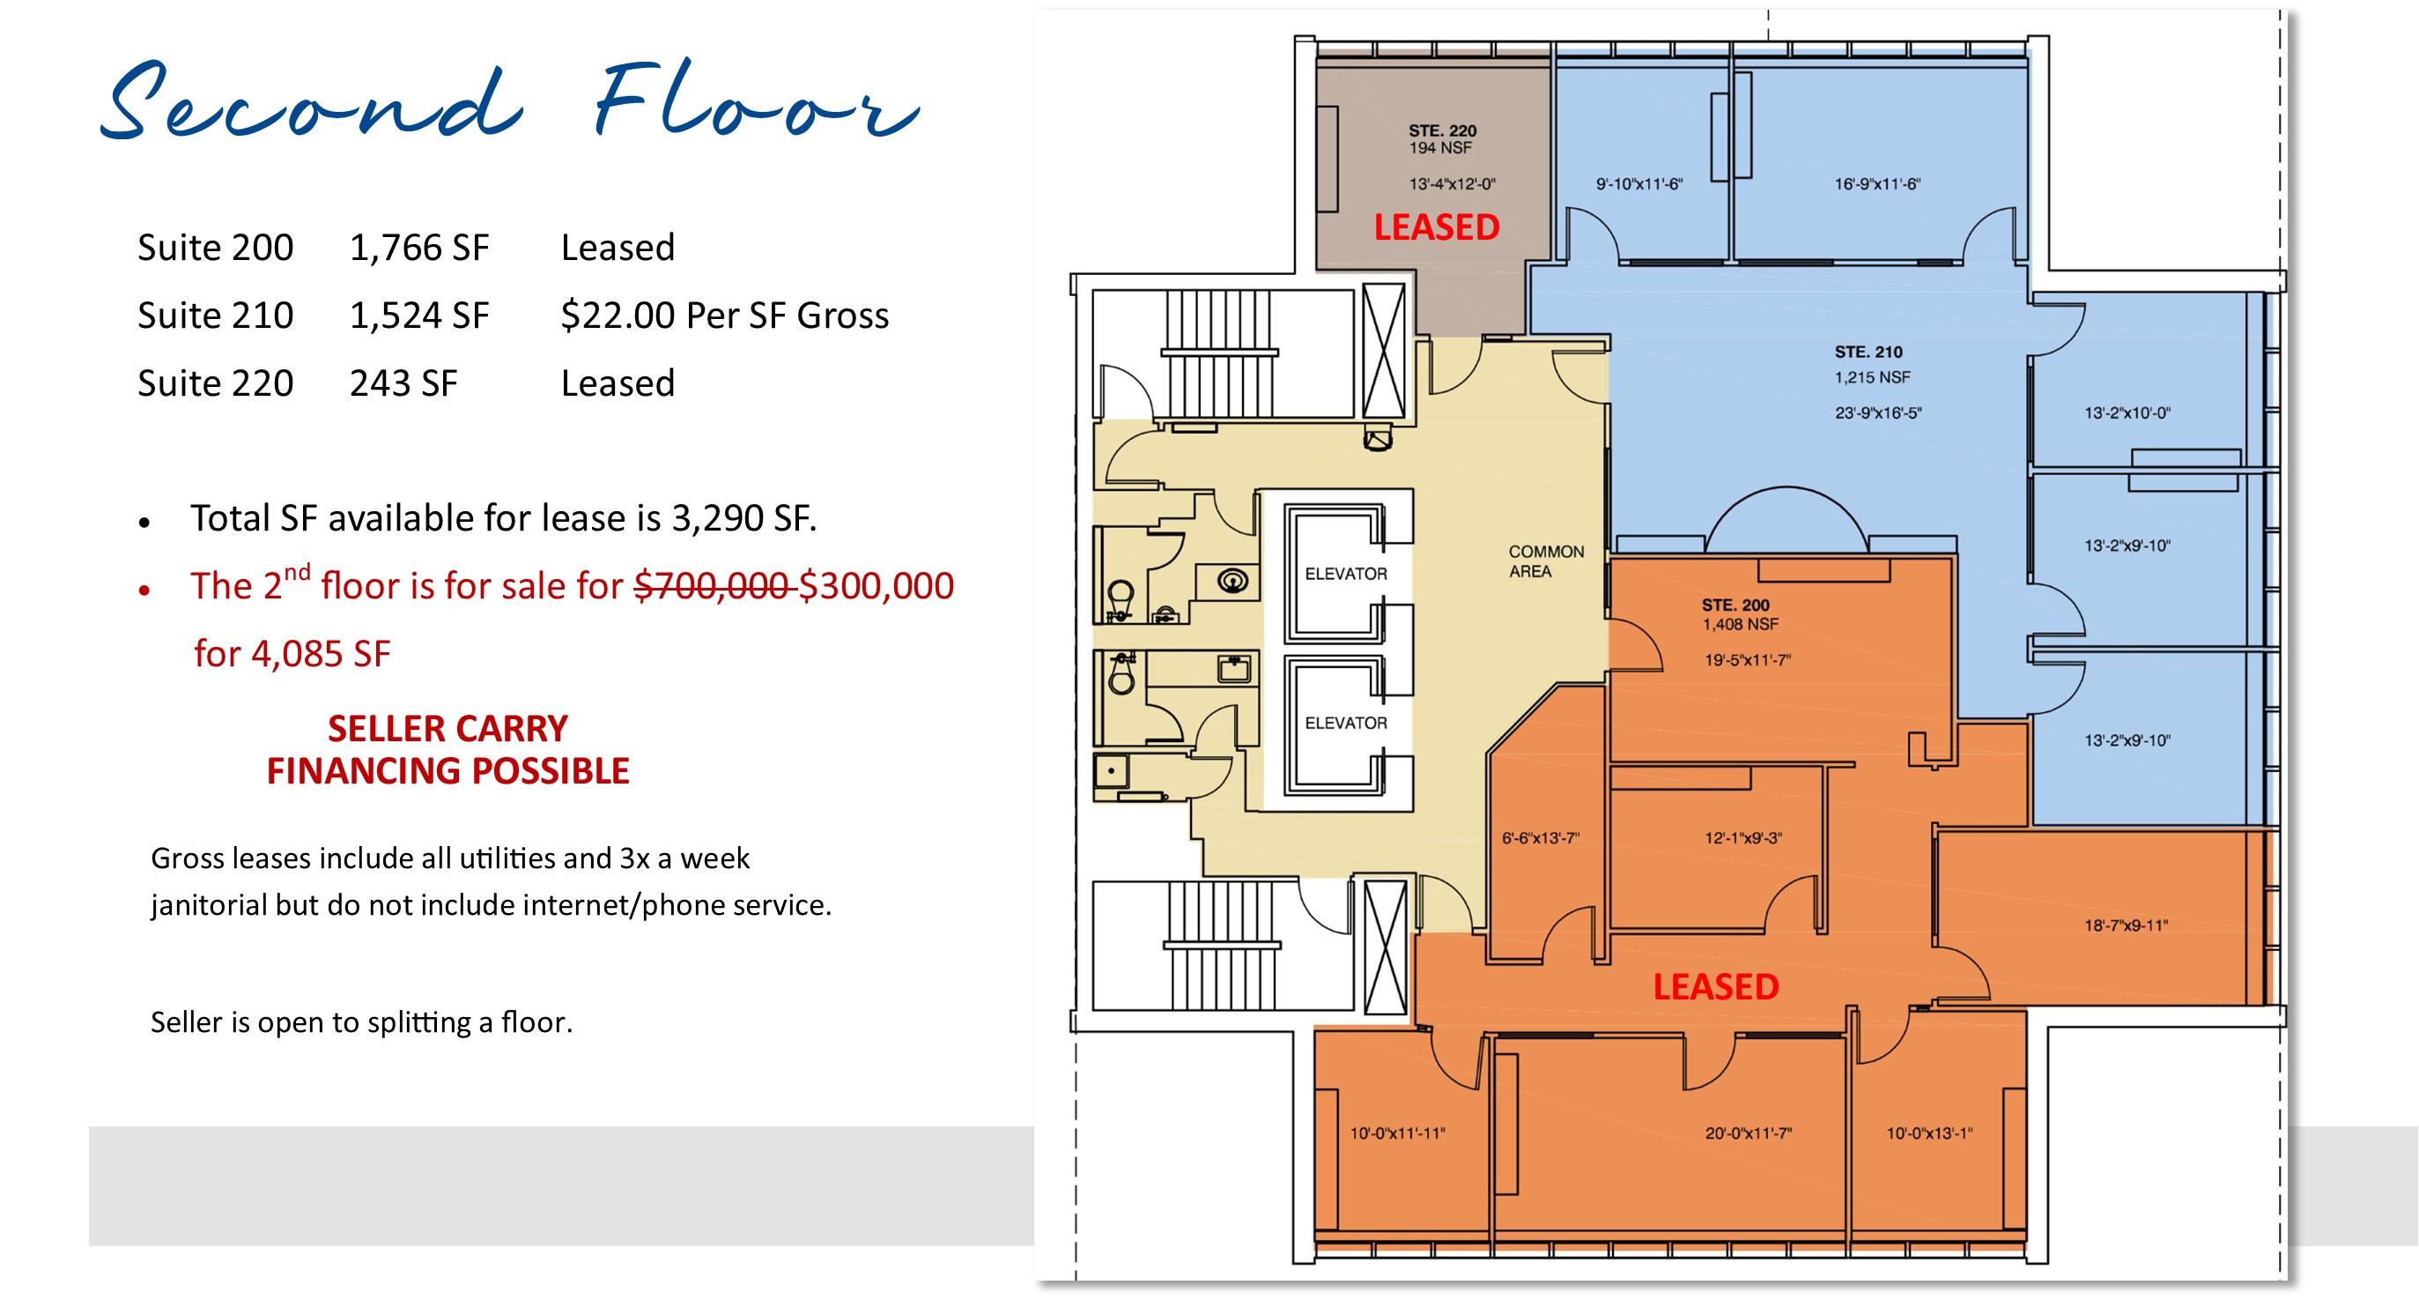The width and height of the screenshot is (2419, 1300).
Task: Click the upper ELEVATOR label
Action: (x=1346, y=574)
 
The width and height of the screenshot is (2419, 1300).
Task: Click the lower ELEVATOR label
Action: (x=1346, y=724)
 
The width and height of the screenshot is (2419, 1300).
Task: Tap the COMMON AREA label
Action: (x=1546, y=561)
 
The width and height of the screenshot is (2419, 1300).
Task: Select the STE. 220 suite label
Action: (x=1442, y=131)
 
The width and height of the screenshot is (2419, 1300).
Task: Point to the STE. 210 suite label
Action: (x=1868, y=353)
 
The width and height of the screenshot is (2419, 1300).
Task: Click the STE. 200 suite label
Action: (x=1735, y=605)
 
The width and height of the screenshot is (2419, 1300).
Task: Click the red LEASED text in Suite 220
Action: (x=1436, y=227)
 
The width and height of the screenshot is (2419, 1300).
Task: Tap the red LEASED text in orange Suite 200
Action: (x=1715, y=987)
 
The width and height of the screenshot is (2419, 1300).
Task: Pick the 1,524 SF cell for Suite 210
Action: (x=418, y=316)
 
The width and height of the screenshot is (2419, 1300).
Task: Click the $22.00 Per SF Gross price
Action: (x=724, y=316)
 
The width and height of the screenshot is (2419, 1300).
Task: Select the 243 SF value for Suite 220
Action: (x=403, y=383)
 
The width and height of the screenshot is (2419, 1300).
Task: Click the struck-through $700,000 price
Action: (x=711, y=586)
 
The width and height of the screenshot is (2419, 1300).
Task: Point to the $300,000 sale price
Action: (x=877, y=586)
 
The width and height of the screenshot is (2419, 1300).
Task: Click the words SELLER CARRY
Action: (x=447, y=729)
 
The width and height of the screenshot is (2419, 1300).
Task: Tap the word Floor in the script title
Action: (x=756, y=103)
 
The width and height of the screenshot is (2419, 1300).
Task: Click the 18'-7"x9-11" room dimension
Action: (x=2126, y=926)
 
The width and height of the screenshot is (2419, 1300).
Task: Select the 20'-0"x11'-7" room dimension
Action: (x=1749, y=1133)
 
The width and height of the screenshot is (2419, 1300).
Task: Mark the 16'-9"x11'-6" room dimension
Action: (x=1877, y=184)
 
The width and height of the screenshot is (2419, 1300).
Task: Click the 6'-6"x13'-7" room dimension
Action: (x=1540, y=838)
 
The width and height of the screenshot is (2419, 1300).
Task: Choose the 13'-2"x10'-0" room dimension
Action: (x=2127, y=413)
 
